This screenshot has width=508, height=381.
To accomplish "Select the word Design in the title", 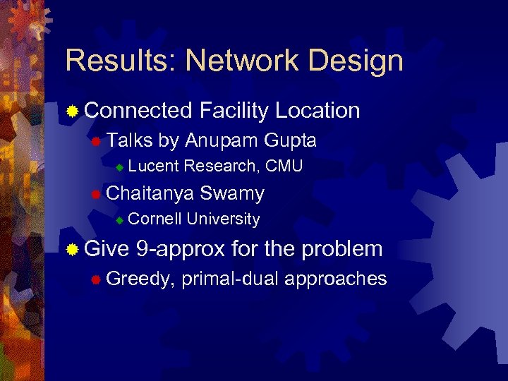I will tap(359, 61).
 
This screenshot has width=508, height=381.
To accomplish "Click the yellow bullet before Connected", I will tap(72, 111).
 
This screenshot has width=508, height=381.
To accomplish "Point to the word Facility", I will tap(234, 111).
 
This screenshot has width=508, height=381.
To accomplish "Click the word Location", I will tap(317, 111).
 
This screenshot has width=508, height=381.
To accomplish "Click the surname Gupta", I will tap(290, 141).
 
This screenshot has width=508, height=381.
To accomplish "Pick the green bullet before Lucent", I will tap(120, 168).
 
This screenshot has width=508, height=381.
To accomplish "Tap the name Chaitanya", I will tap(150, 194).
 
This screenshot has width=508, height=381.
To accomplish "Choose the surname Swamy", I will tap(232, 193).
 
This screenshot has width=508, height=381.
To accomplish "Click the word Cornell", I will tap(155, 219).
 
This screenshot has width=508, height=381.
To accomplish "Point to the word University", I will tap(224, 219).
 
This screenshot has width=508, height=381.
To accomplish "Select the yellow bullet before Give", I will tap(72, 250).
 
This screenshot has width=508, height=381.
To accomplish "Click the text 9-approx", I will tap(181, 249).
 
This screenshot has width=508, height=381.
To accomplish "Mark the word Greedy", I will tap(140, 279).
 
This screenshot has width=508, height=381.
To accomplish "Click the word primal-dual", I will tap(230, 279).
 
